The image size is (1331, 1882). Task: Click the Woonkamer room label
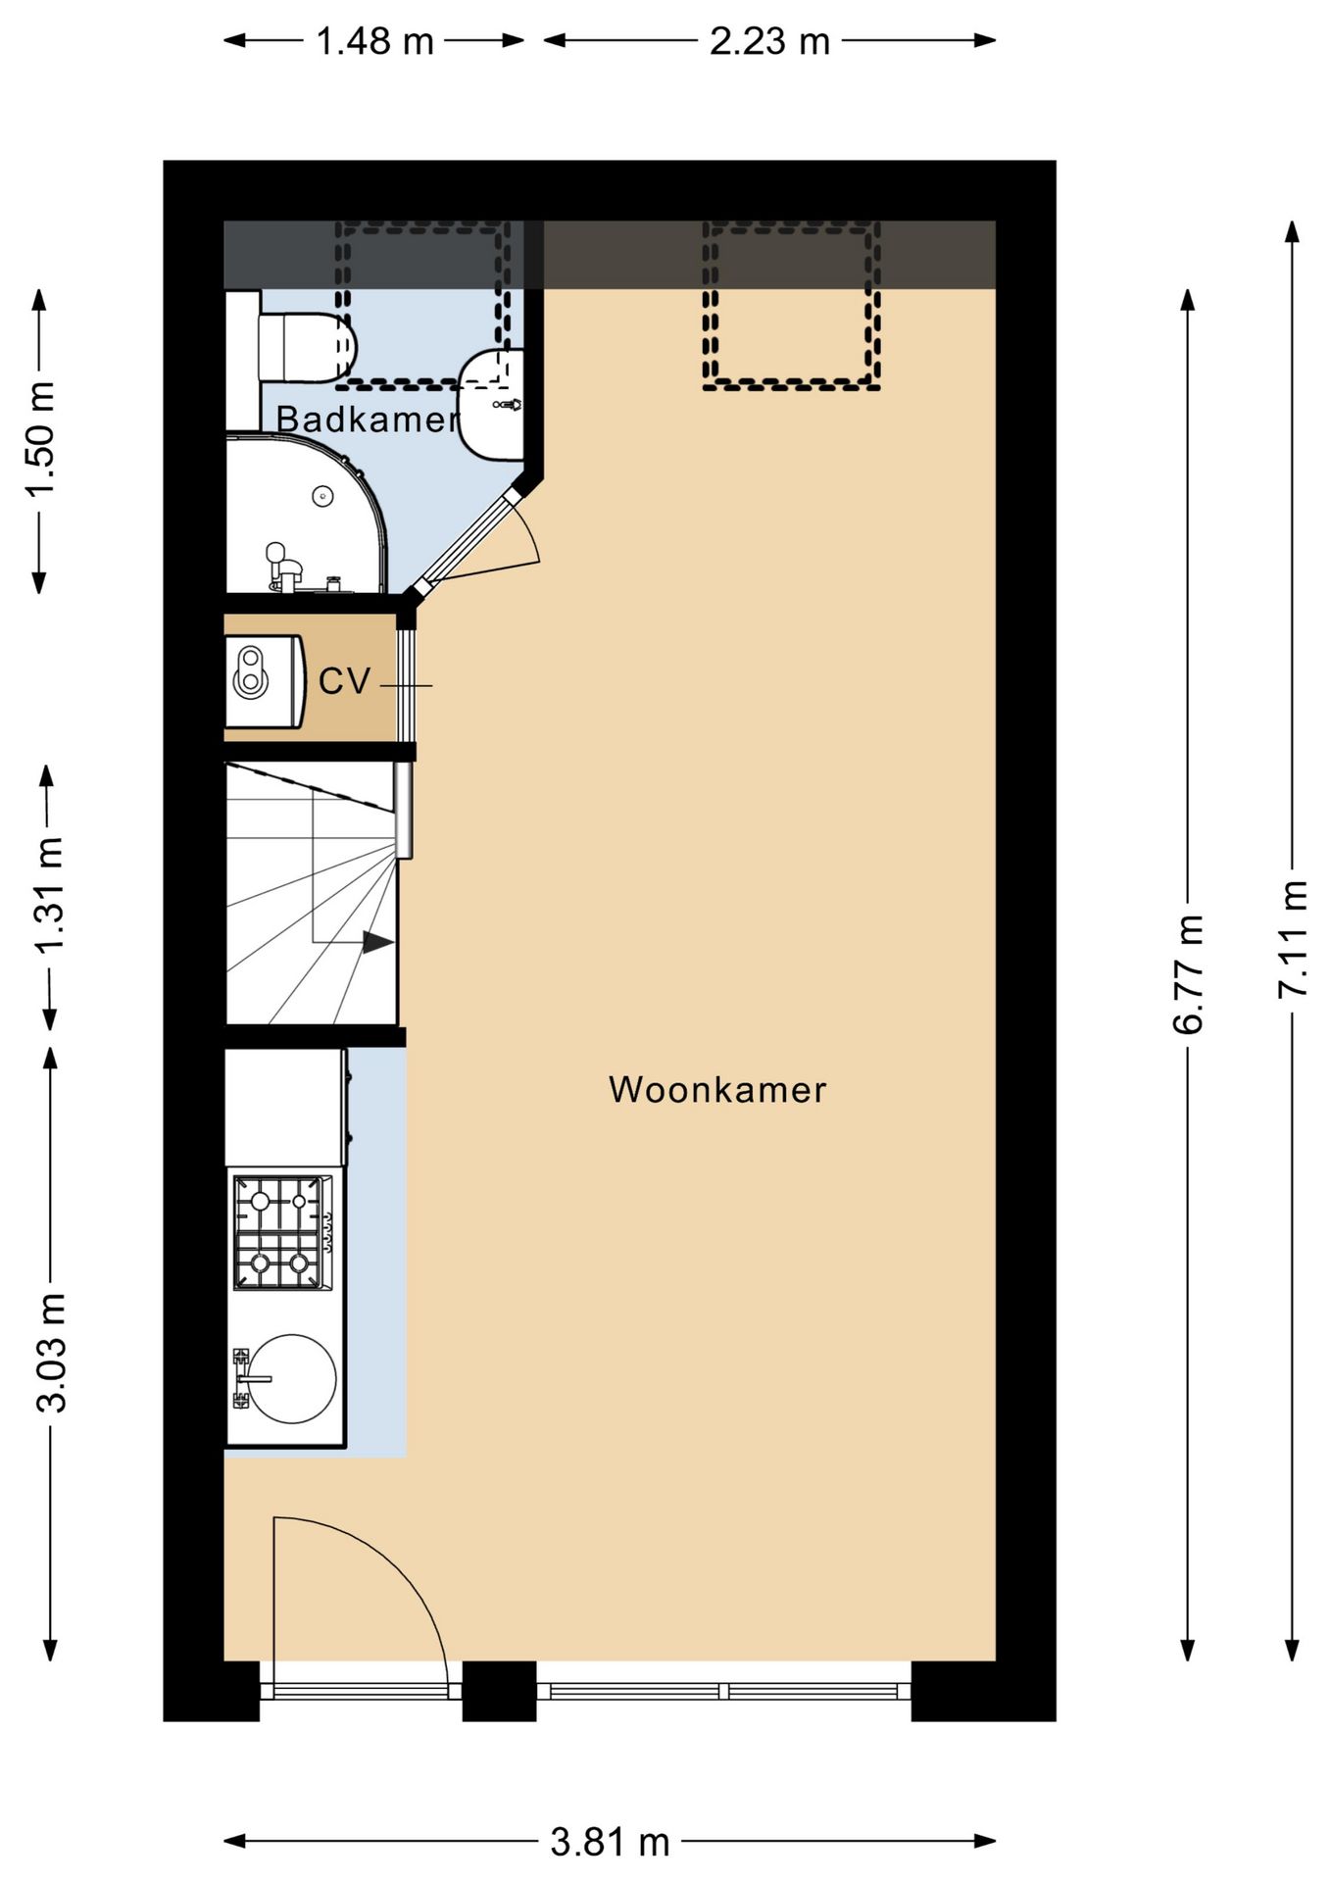tap(716, 1090)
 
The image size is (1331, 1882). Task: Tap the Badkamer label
tap(368, 420)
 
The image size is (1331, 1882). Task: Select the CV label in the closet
tap(344, 681)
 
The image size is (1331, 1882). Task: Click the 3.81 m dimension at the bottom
tap(610, 1843)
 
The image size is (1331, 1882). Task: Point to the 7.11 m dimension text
tap(1293, 939)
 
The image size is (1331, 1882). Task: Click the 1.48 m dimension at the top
tap(374, 41)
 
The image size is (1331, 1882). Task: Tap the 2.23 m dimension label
tap(769, 41)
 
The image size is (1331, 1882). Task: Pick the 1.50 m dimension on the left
tap(40, 439)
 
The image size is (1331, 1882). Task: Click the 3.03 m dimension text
tap(51, 1353)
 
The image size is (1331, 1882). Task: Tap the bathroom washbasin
tap(492, 404)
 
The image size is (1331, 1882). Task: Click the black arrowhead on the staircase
tap(377, 943)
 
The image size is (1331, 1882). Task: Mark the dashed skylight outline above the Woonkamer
tap(790, 305)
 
